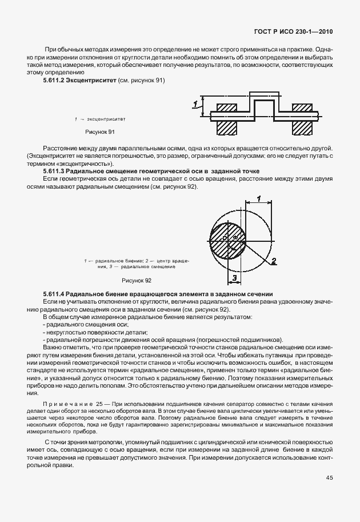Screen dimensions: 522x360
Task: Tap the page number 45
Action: coord(330,478)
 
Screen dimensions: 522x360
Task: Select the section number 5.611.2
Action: coord(54,81)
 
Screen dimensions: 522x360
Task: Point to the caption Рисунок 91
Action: coord(100,132)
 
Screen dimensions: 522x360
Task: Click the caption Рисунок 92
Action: coord(136,281)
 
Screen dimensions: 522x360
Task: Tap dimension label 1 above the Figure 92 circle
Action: coord(258,199)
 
